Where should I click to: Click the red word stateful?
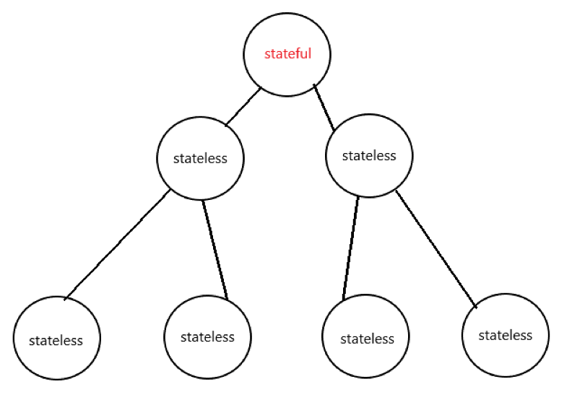tap(287, 54)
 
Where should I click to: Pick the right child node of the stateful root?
tap(369, 173)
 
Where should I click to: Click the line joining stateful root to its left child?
tap(243, 107)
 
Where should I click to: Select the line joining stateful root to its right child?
tap(324, 107)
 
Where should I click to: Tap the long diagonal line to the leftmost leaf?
tap(117, 245)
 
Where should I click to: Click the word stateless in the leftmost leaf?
tap(56, 340)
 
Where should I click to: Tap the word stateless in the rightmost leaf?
tap(505, 335)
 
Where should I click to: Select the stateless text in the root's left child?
tap(200, 159)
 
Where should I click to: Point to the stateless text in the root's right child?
tap(369, 155)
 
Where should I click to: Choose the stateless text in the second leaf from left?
tap(208, 336)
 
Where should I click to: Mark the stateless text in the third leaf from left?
tap(365, 339)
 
